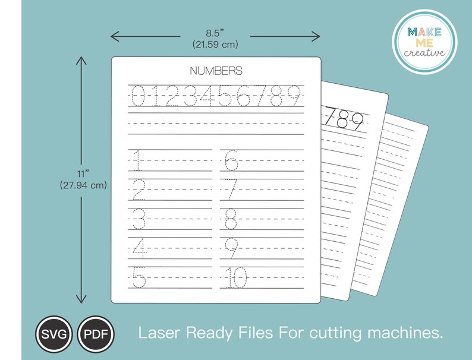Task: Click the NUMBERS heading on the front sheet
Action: (216, 71)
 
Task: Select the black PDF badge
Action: (95, 333)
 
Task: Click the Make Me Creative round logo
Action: (424, 42)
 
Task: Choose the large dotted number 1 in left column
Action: (137, 160)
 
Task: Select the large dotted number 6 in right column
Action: (231, 160)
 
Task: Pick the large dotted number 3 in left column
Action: (138, 219)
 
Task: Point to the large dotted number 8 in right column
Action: (231, 219)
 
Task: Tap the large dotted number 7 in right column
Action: (232, 190)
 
